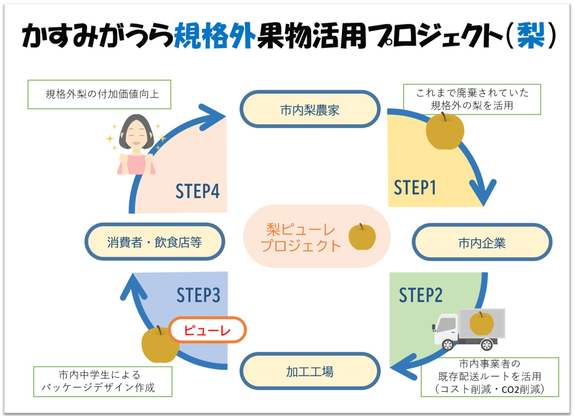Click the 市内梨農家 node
coord(310,109)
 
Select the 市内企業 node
coord(482,242)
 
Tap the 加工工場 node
coord(310,371)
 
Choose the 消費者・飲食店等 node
coord(154,242)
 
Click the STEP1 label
coord(415,188)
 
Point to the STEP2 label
coord(421,295)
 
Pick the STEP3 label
coord(198,295)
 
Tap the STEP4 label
coord(197,191)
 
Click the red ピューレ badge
coord(207,330)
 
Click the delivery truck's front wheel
coord(448,345)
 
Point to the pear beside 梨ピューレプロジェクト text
coord(362,237)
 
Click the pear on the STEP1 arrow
coord(445,131)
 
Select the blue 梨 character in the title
coord(531,36)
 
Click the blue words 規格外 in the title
coord(214,36)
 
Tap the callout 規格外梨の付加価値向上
coord(99,94)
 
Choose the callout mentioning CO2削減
coord(489,377)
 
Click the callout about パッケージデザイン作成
coord(103,381)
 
